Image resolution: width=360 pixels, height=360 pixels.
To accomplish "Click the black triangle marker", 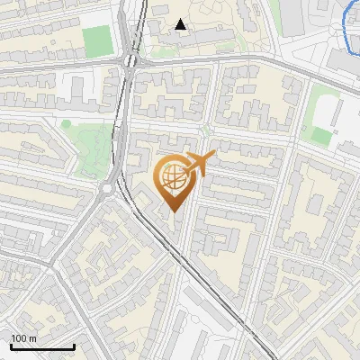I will click(181, 24).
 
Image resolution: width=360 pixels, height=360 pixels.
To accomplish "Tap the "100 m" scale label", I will click(24, 338).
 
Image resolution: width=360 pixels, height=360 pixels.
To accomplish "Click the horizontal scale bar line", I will click(42, 346).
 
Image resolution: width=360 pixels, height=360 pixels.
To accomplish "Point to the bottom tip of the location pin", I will click(174, 213).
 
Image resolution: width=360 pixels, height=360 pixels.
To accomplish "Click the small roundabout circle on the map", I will click(109, 190).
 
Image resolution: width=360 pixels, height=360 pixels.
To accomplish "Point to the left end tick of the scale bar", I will click(11, 346).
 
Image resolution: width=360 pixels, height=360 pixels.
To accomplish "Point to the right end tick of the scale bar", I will click(74, 346).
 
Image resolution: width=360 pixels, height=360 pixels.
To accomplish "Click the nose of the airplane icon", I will click(214, 157).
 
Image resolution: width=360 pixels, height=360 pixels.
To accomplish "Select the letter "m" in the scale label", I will click(33, 338).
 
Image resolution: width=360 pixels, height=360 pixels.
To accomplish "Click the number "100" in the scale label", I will click(19, 338).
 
